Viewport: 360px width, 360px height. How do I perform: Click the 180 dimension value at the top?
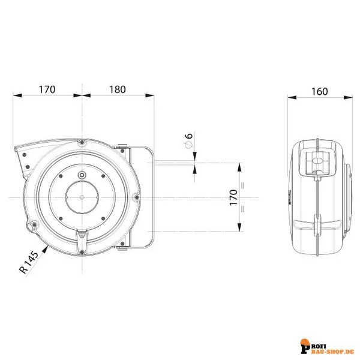(x=118, y=89)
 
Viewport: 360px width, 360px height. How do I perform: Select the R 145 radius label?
(x=28, y=263)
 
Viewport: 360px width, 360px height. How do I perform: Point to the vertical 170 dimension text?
(x=233, y=197)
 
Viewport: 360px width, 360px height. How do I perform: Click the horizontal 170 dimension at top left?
(x=47, y=89)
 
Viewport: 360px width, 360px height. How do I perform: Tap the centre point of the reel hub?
(x=81, y=197)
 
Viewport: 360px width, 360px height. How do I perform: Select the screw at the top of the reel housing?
(x=81, y=143)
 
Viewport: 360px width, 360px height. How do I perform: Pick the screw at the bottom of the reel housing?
(x=81, y=251)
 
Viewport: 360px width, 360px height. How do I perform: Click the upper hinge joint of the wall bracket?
(x=122, y=148)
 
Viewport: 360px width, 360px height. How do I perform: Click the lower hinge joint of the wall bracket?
(x=122, y=247)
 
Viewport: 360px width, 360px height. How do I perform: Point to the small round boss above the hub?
(x=82, y=175)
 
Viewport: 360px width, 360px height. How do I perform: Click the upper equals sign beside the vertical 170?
(x=243, y=185)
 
